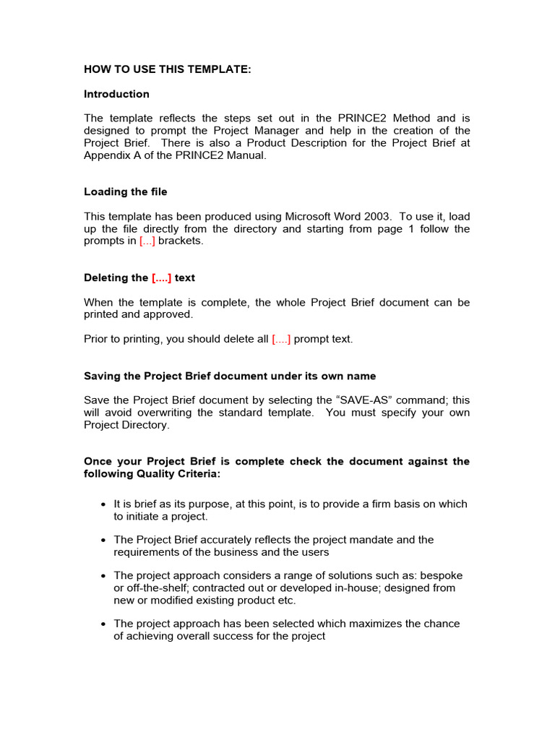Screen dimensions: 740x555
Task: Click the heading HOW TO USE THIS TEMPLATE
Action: point(168,69)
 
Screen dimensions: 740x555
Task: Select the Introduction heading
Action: point(116,94)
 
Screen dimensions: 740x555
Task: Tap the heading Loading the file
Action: point(126,192)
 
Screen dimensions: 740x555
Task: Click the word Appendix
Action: point(106,155)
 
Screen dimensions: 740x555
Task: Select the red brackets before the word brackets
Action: point(147,241)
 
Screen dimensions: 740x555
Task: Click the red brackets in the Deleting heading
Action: point(161,277)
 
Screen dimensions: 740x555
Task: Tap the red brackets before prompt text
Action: point(281,339)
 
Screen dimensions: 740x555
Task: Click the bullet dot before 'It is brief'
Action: point(104,504)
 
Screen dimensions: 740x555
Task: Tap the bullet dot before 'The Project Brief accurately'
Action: point(104,540)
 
